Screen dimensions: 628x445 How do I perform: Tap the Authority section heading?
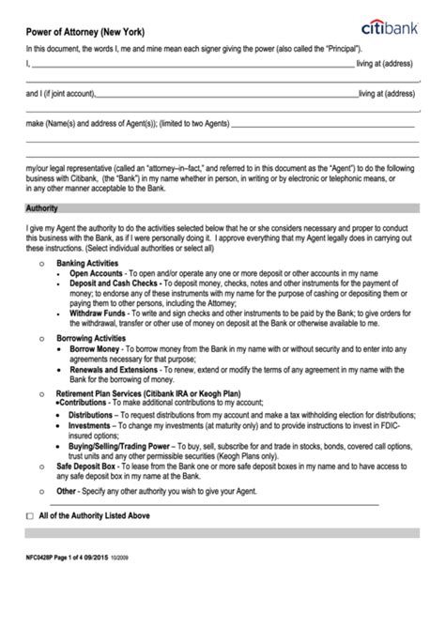42,207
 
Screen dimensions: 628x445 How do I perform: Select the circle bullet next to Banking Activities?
38,266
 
